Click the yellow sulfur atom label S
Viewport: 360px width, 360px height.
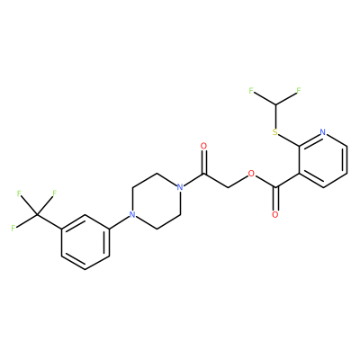[275, 132]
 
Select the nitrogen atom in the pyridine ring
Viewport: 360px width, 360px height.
[323, 132]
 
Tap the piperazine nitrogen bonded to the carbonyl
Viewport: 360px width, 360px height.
[180, 187]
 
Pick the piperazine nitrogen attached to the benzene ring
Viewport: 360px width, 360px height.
[131, 215]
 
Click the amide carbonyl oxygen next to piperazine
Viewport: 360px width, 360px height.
[204, 146]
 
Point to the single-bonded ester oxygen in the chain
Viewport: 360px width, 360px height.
[251, 174]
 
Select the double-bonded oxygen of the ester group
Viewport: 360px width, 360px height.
[275, 215]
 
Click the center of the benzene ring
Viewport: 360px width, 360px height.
[85, 242]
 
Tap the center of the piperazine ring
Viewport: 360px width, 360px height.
[156, 202]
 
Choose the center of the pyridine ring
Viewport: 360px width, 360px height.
[323, 160]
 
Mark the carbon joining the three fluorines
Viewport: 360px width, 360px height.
[37, 215]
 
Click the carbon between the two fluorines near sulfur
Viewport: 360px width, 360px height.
[275, 104]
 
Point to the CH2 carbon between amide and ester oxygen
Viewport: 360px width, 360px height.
[228, 187]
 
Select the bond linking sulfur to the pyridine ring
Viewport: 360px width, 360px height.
[288, 139]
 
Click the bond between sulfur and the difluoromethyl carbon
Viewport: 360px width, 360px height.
[275, 117]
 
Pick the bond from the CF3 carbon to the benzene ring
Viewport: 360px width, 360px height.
[49, 221]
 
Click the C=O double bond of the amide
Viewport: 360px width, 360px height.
[204, 162]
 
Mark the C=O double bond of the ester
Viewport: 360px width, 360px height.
[275, 199]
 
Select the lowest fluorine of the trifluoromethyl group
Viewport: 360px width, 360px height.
[13, 229]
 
